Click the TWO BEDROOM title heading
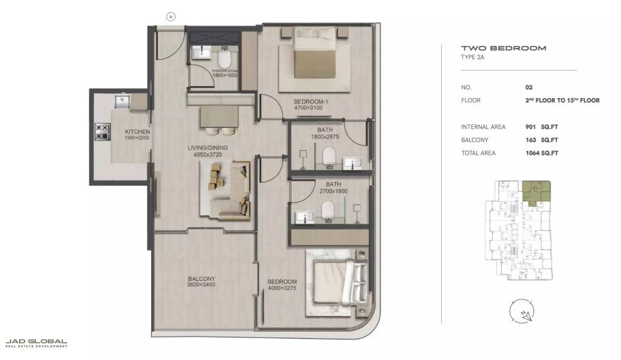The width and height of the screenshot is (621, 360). [493, 48]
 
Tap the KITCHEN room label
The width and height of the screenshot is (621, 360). [136, 132]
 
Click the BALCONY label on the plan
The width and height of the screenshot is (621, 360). [201, 278]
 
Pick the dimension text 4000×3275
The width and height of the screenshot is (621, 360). [283, 288]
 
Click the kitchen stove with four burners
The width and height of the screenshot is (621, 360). [102, 131]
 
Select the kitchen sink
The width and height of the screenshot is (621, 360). [121, 100]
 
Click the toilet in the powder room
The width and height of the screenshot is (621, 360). [224, 56]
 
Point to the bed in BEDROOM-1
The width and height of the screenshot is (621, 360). [313, 54]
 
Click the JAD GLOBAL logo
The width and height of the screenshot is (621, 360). [36, 343]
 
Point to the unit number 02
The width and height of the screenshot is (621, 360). [529, 88]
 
